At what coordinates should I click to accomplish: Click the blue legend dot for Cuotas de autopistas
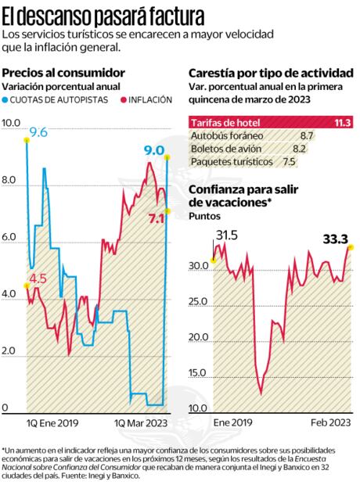click(x=6, y=100)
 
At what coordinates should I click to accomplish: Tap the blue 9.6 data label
click(x=38, y=133)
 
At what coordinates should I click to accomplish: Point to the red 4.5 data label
click(x=38, y=278)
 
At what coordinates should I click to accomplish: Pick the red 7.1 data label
click(x=157, y=220)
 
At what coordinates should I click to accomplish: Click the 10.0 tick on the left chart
click(x=12, y=123)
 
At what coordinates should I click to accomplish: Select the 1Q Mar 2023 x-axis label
click(x=141, y=423)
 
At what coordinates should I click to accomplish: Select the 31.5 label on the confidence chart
click(x=227, y=234)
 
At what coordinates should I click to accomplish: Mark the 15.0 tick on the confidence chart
click(x=199, y=372)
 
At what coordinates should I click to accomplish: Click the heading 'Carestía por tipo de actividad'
click(x=271, y=73)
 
